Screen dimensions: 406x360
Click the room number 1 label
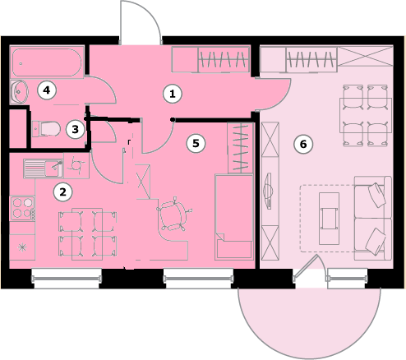tap(173, 94)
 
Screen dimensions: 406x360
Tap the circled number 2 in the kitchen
tap(63, 192)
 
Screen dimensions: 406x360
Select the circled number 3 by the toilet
tap(76, 129)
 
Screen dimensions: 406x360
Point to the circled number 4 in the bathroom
tap(47, 90)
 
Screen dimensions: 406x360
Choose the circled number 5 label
tap(196, 143)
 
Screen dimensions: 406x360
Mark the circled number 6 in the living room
tap(303, 144)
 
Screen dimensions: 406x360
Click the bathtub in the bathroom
tap(47, 62)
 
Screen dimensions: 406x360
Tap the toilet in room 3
tap(46, 129)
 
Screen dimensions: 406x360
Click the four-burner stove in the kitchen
tap(23, 208)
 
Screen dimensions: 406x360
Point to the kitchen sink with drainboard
tap(44, 168)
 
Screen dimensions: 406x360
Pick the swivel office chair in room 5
tap(173, 213)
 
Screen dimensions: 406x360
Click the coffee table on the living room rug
tap(329, 218)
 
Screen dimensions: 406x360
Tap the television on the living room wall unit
tap(269, 191)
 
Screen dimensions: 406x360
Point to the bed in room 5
tap(233, 216)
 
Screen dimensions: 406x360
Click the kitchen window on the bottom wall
tap(66, 279)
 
